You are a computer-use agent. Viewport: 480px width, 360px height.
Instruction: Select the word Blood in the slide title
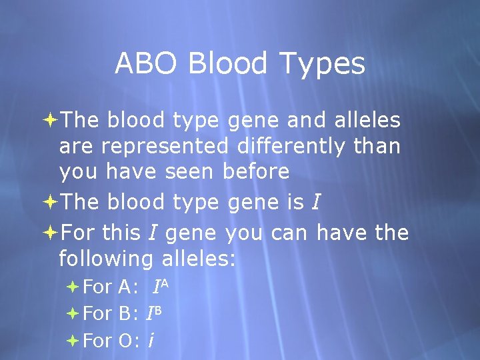coord(227,64)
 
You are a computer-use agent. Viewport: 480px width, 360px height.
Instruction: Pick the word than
coord(377,145)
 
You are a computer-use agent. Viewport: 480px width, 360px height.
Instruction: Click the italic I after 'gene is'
coord(315,202)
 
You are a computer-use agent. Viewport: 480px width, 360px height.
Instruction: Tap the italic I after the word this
coord(152,233)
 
